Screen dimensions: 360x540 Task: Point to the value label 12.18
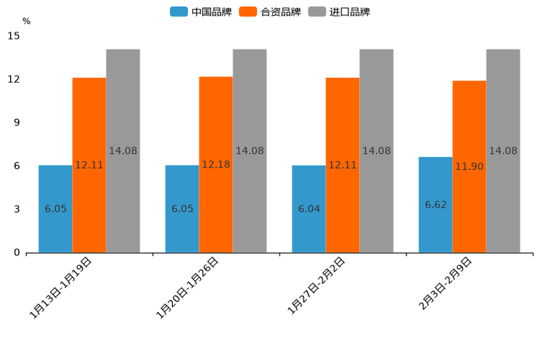coord(216,165)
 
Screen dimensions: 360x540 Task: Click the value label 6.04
coord(308,209)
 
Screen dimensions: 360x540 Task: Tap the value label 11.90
coord(469,167)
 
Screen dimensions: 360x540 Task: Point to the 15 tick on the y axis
coord(15,36)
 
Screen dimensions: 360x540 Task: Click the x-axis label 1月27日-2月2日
coord(317,286)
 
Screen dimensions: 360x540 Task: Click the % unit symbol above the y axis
coord(26,21)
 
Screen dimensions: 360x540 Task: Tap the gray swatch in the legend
coord(316,12)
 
